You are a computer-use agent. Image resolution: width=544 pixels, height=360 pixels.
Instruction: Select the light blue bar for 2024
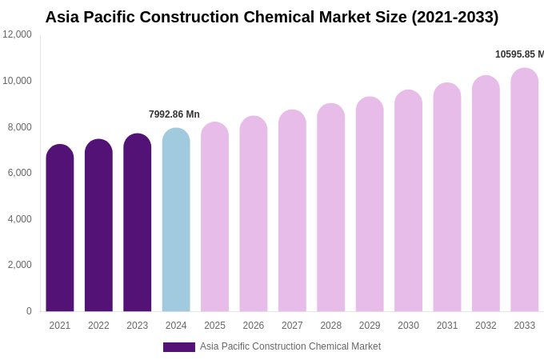click(176, 220)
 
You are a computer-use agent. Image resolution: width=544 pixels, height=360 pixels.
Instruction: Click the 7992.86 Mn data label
click(174, 114)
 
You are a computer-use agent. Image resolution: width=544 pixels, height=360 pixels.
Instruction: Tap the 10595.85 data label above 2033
click(519, 54)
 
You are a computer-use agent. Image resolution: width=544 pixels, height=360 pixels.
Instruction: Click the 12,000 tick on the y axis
click(17, 34)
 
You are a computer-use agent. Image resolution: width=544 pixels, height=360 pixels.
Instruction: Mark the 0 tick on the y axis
click(29, 311)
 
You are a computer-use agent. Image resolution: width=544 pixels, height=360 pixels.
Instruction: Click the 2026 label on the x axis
click(254, 326)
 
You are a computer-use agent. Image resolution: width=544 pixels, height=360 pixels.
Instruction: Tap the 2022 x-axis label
click(98, 326)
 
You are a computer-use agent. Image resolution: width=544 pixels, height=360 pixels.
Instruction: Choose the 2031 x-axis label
click(447, 326)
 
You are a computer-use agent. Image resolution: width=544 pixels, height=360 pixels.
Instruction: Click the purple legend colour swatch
click(179, 347)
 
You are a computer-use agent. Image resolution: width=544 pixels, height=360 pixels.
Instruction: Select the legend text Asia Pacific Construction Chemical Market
click(290, 346)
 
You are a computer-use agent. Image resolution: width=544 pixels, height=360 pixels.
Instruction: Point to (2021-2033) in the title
click(455, 17)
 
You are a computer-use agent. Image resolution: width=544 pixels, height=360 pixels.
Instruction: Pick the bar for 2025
click(214, 217)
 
